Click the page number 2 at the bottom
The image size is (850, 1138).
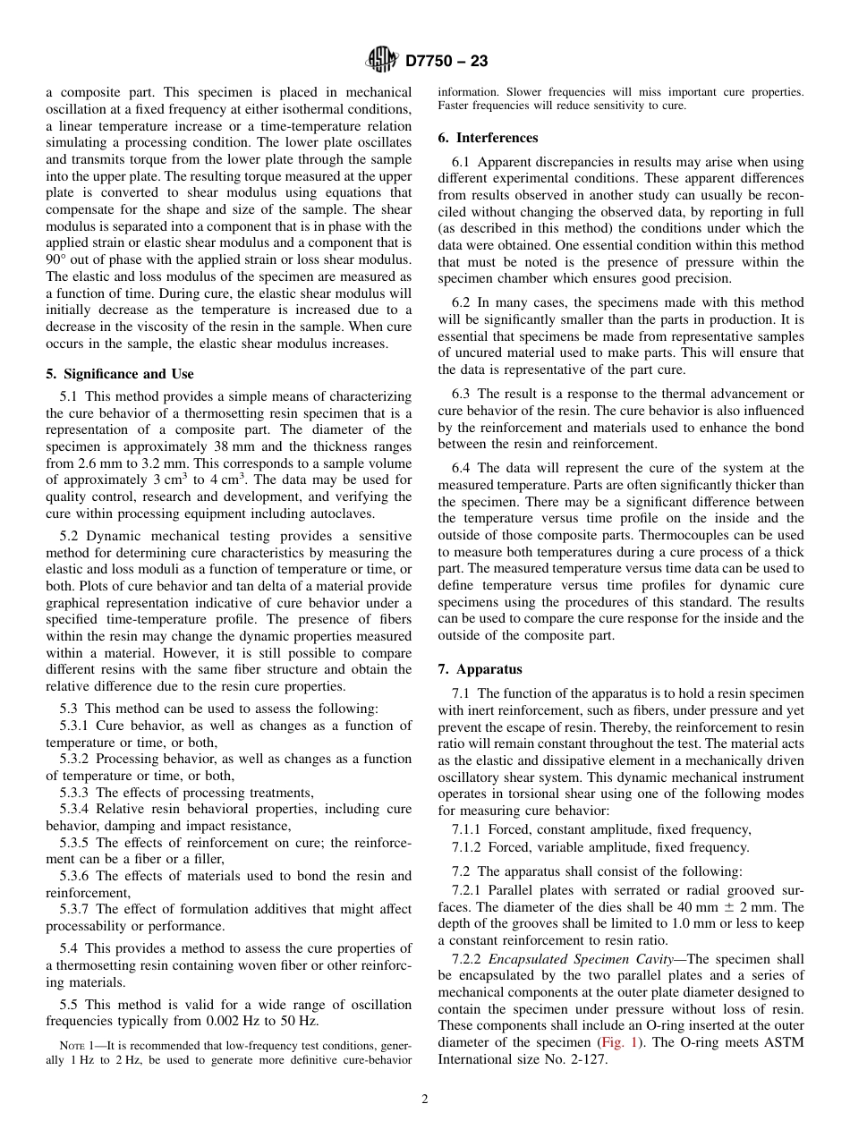click(x=425, y=1100)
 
